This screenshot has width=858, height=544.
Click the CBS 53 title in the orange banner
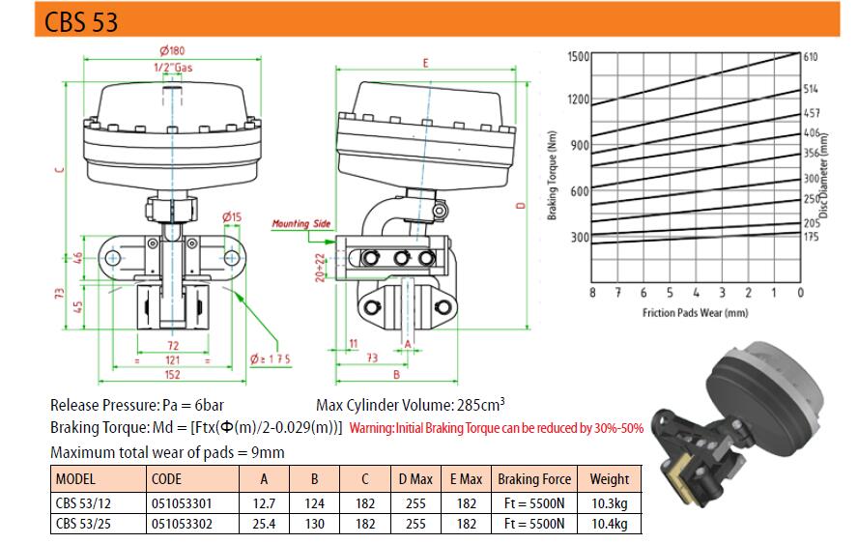coord(81,21)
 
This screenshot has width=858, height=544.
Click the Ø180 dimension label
coord(172,51)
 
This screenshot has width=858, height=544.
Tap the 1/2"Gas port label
coord(173,68)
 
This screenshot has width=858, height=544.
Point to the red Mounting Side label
coord(301,223)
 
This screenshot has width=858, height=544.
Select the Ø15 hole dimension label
coord(232,216)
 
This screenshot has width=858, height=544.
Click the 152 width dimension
coord(172,374)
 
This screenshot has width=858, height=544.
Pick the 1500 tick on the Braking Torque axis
coord(579,57)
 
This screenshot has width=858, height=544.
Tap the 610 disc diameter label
coord(811,57)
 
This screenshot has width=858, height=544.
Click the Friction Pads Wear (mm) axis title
coord(695,313)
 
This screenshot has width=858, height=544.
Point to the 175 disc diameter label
coord(811,237)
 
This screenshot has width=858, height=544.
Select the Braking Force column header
coord(534,479)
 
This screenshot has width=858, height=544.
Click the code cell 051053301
coord(182,503)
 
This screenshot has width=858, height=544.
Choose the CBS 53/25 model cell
coord(83,524)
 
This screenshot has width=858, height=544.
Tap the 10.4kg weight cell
coord(610,524)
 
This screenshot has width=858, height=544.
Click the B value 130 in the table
coord(315,524)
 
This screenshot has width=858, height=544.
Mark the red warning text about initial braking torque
coord(497,428)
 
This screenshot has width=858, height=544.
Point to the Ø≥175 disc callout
coord(271,359)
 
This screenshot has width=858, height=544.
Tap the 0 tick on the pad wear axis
coord(801,293)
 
